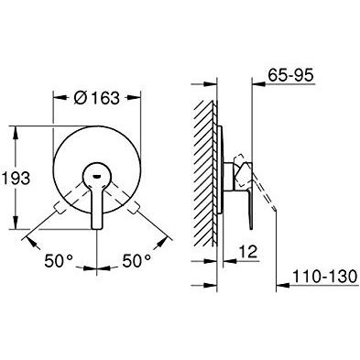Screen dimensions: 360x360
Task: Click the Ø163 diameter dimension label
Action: click(x=96, y=98)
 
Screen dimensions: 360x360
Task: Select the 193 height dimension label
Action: click(x=16, y=179)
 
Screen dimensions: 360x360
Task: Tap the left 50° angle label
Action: click(x=59, y=261)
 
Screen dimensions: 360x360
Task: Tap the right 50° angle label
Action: click(x=137, y=261)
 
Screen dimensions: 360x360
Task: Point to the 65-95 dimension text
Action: click(x=291, y=75)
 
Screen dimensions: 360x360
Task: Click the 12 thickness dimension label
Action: click(x=248, y=252)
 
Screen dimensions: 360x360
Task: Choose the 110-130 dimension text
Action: click(x=325, y=277)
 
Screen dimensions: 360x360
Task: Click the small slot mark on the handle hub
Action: click(x=97, y=176)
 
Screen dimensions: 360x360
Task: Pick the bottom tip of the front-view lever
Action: click(x=97, y=227)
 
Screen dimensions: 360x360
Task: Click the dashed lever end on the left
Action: click(x=59, y=209)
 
